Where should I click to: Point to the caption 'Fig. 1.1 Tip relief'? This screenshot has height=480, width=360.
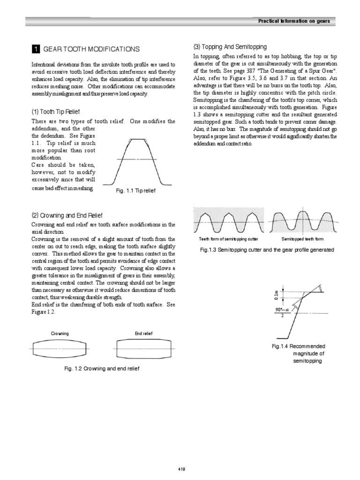click(x=135, y=191)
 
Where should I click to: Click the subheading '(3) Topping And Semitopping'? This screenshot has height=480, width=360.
click(x=230, y=47)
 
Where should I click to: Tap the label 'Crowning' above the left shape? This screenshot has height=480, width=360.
click(x=60, y=333)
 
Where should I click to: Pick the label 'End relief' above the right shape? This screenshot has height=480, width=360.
click(x=143, y=333)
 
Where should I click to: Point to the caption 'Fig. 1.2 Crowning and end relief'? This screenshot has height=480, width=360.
click(x=102, y=368)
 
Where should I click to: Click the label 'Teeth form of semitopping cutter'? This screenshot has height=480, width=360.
click(x=228, y=239)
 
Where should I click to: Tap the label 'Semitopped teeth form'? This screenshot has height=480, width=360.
click(x=302, y=239)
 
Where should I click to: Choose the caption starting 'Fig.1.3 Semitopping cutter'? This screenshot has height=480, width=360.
click(x=267, y=250)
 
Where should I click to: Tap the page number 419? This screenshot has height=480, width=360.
click(x=182, y=469)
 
